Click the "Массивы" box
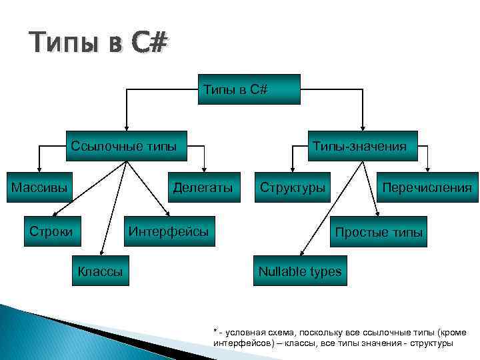tap(39, 187)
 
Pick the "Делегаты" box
tap(203, 187)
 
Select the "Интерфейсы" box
tap(169, 231)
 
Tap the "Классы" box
tap(100, 271)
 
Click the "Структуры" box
tap(293, 187)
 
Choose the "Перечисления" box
tap(427, 187)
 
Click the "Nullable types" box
tap(299, 271)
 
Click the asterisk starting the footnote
tap(215, 331)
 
